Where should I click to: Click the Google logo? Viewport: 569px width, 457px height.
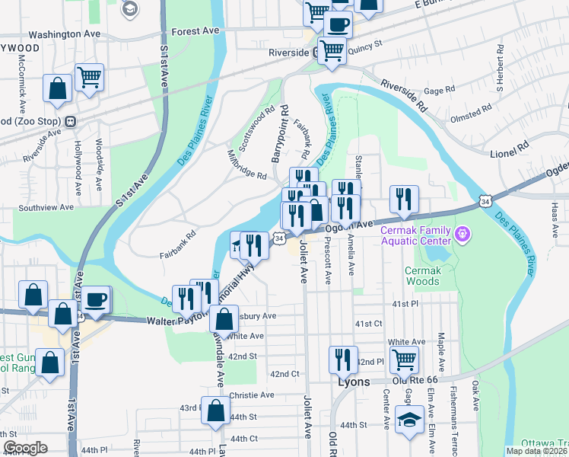[x=25, y=448]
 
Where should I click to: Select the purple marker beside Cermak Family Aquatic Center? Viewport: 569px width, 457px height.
[x=463, y=234]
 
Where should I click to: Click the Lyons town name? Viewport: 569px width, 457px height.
[x=354, y=382]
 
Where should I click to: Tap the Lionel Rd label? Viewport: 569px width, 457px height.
[x=510, y=145]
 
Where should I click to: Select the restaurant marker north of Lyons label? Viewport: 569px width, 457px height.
[x=343, y=360]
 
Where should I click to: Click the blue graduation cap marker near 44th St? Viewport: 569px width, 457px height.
[x=409, y=420]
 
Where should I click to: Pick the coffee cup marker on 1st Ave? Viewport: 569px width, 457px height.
[x=97, y=299]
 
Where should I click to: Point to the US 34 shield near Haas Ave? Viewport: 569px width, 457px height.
[x=485, y=200]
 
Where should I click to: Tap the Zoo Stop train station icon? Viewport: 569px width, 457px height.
[x=70, y=121]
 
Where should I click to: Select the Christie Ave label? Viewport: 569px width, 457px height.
[x=251, y=395]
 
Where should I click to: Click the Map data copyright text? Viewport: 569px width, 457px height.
[x=536, y=450]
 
